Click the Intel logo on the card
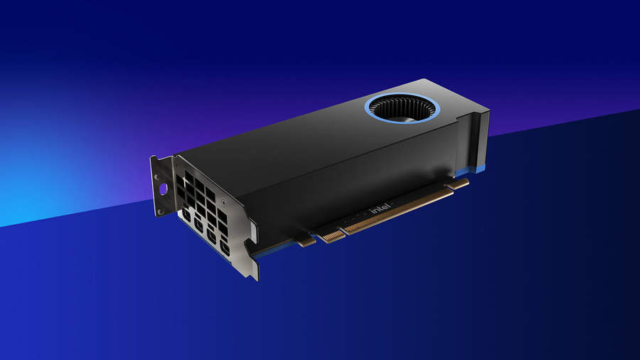tap(380, 209)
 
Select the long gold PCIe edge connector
tap(397, 211)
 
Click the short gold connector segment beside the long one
tap(331, 235)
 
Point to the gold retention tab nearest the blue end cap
tap(457, 184)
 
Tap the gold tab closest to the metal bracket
tap(306, 242)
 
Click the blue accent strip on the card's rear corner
tap(470, 171)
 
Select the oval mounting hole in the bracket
tap(164, 189)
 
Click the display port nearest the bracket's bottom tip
tap(225, 248)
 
